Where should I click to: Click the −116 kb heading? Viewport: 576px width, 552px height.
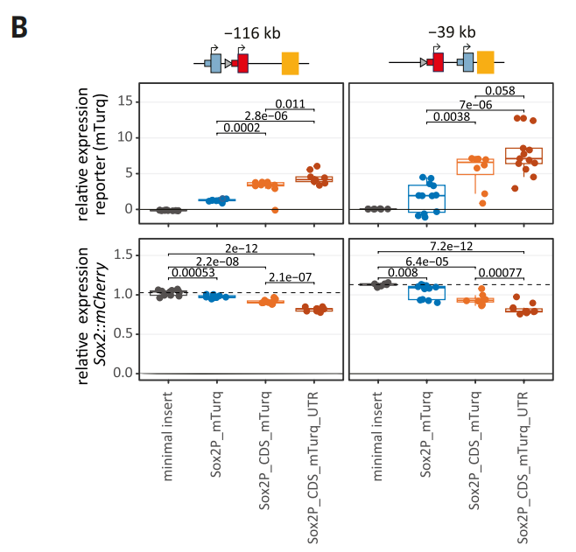click(x=252, y=33)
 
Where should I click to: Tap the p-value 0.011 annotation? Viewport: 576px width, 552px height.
click(x=290, y=104)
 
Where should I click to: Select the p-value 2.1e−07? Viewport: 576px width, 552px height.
click(x=289, y=276)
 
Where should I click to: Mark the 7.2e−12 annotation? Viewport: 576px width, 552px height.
click(x=451, y=248)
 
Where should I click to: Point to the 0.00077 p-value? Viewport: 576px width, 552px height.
click(x=498, y=273)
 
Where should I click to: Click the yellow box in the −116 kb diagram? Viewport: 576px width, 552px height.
click(x=290, y=63)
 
